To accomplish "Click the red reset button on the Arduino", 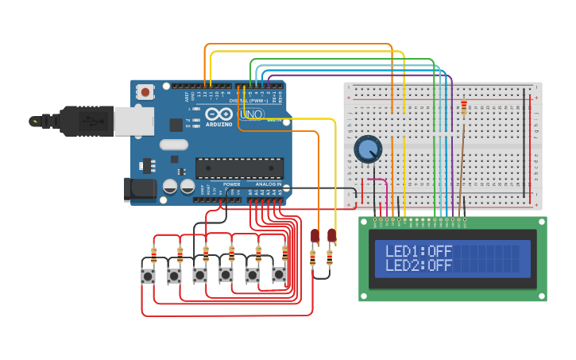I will click(145, 93).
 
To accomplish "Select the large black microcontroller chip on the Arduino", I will click(239, 168).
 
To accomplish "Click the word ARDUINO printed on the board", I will click(218, 125).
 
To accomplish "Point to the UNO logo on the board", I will click(252, 114).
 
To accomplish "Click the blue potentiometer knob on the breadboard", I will click(368, 149).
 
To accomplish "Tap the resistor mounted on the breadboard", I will click(464, 107).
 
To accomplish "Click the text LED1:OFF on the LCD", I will click(418, 251).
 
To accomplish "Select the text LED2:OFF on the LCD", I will click(418, 265).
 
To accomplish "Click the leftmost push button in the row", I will click(149, 276).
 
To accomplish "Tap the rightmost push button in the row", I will click(279, 275).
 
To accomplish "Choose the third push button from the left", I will click(200, 275).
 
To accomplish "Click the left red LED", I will click(315, 235).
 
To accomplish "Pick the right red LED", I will click(332, 235).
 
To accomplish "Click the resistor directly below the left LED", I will click(312, 257).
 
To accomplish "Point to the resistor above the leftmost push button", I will click(153, 254).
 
